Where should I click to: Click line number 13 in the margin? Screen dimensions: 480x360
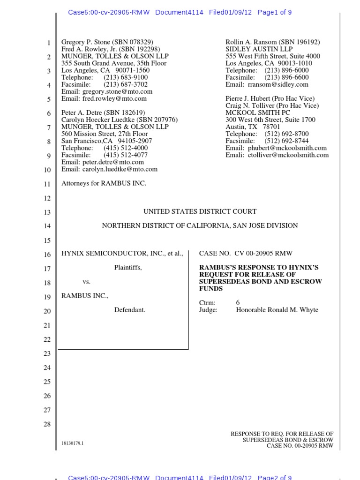(x=47, y=212)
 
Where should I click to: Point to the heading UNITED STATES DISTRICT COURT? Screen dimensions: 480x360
(x=200, y=212)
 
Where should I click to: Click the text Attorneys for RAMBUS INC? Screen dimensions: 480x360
(x=104, y=183)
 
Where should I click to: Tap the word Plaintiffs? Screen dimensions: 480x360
(x=128, y=268)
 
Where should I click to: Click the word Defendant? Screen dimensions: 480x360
(x=130, y=310)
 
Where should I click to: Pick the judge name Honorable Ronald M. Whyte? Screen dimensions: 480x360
(x=277, y=310)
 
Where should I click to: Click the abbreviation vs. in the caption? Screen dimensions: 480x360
(x=87, y=282)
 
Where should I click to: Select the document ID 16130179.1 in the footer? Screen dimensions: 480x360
(x=73, y=443)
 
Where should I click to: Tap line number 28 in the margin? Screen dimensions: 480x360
(x=47, y=424)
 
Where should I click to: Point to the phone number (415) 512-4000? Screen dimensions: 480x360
(x=126, y=148)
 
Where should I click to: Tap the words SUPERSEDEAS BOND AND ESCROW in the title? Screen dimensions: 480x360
(x=260, y=282)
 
